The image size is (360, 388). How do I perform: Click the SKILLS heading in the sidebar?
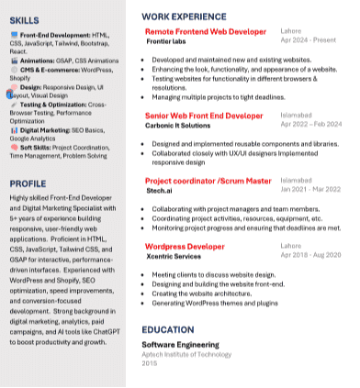pos(24,19)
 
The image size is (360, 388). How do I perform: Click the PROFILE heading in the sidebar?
pos(28,183)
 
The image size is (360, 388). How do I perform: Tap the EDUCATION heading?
pos(168,329)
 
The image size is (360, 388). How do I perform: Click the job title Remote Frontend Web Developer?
pos(206,31)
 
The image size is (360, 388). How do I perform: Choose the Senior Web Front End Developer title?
pos(204,116)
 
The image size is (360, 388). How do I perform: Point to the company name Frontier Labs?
pos(166,41)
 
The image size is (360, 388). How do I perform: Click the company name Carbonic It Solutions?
pos(177,126)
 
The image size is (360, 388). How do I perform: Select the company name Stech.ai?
pos(158,191)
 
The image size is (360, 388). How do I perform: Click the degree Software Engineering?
pos(183,344)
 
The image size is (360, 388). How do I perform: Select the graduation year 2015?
pos(149,363)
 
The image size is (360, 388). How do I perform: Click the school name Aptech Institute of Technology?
pos(186,354)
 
